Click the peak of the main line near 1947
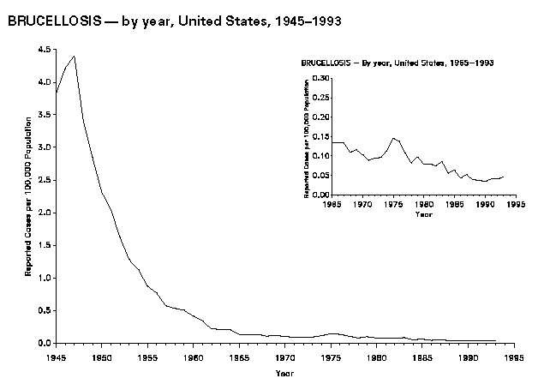[75, 56]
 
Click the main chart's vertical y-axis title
[28, 197]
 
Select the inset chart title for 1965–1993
[398, 64]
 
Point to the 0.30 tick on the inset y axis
[321, 77]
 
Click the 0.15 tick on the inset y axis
[321, 136]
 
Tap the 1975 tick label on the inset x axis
[392, 204]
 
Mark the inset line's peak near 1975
[392, 138]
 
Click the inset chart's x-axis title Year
[423, 214]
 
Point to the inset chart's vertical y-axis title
[308, 136]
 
